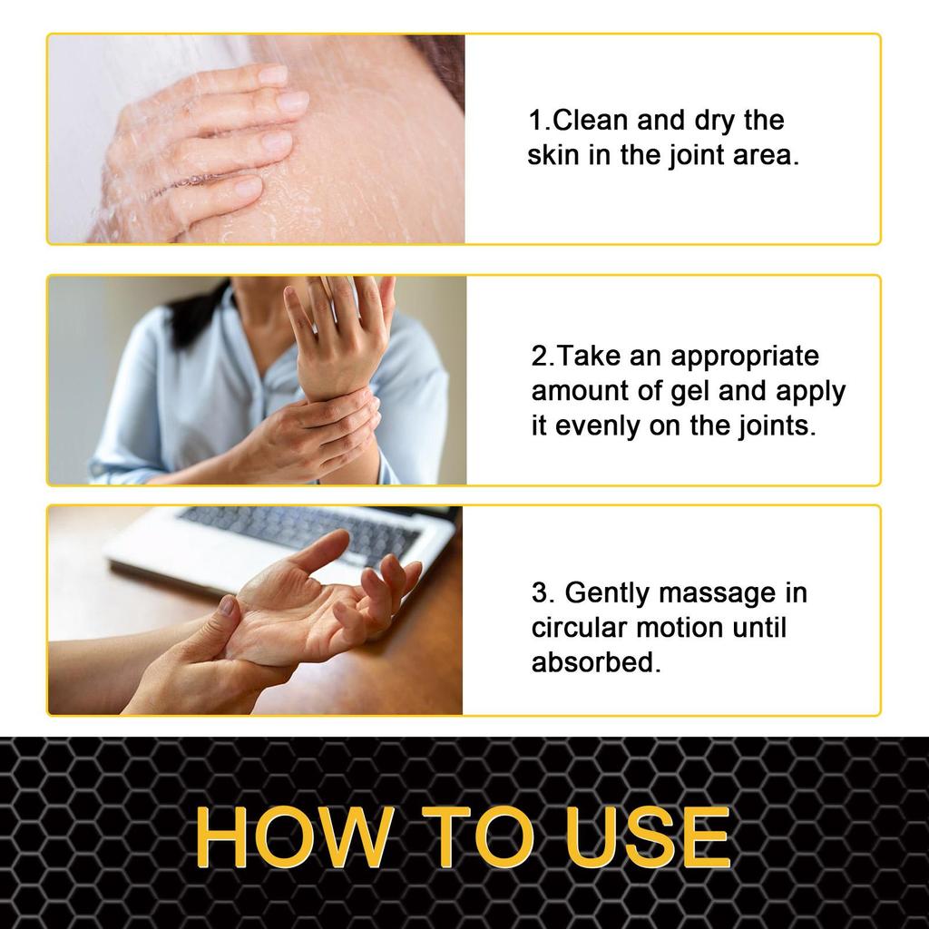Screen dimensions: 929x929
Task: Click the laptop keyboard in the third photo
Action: (x=299, y=531)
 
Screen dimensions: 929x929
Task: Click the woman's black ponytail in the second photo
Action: (x=195, y=318)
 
